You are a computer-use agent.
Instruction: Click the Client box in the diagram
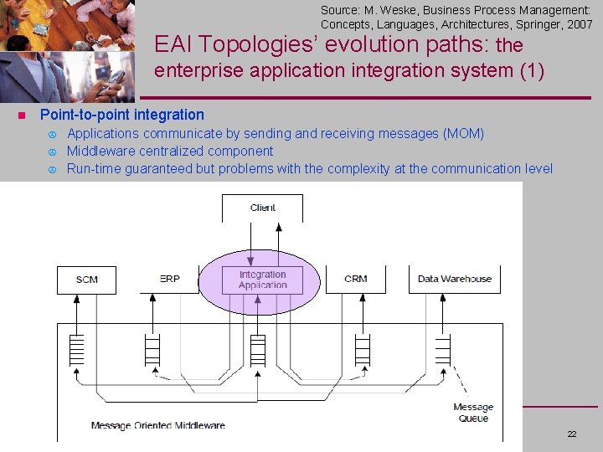263,208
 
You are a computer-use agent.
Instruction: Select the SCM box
87,279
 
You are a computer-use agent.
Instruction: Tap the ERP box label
170,279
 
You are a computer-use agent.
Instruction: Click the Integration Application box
263,280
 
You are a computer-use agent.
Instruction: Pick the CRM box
356,279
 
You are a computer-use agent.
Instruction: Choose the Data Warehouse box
455,279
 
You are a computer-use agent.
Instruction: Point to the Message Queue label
473,413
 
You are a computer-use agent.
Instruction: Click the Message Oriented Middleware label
158,425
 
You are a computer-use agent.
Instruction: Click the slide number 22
572,434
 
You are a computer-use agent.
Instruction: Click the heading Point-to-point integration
122,115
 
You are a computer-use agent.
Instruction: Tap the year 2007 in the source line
580,25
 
